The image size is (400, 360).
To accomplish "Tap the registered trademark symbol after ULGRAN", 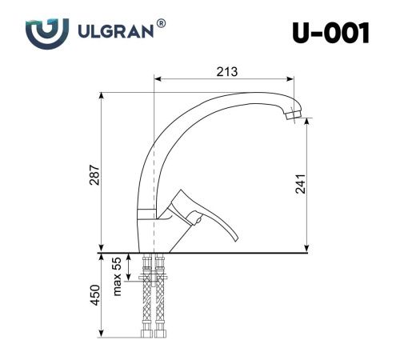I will (x=162, y=26).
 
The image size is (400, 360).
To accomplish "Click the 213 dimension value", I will (x=226, y=72).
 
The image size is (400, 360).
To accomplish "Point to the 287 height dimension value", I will (x=94, y=175).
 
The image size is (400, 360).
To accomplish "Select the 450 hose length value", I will (x=94, y=295).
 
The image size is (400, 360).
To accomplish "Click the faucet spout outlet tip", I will (x=293, y=119).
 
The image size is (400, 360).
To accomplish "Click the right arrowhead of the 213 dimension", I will (x=292, y=79).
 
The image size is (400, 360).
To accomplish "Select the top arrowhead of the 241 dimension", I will (x=307, y=125).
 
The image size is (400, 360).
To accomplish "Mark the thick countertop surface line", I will (x=240, y=253).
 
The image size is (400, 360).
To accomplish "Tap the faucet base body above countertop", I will (x=147, y=232).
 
